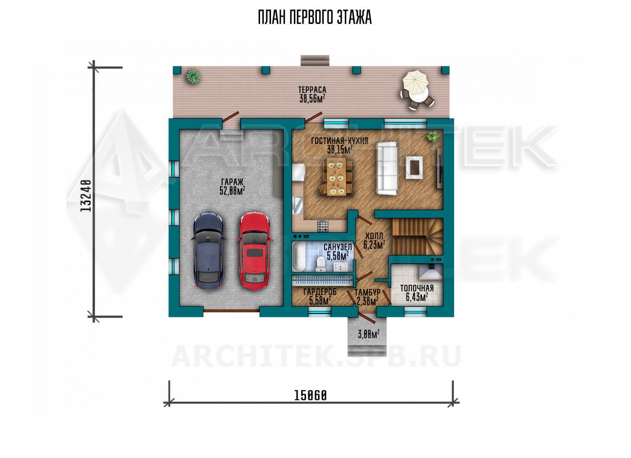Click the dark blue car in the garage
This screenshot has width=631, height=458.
[x=208, y=251]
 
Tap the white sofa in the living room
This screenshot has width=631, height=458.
[x=387, y=168]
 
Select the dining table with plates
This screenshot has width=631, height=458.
[x=336, y=176]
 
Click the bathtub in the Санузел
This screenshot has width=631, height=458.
[x=298, y=257]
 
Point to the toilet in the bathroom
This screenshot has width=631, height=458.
[x=320, y=264]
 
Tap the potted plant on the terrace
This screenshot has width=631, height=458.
[x=193, y=76]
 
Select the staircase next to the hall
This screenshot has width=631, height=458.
[x=417, y=237]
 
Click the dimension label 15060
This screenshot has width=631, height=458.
[x=311, y=396]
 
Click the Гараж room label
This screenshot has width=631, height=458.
[x=232, y=186]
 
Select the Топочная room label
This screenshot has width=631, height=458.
[x=417, y=293]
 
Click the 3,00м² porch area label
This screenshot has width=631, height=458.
[x=369, y=334]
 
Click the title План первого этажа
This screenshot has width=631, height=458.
[x=315, y=18]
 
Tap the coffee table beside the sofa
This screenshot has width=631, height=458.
[x=414, y=167]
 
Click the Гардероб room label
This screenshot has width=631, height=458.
[x=320, y=296]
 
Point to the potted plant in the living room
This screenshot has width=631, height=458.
[x=432, y=137]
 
